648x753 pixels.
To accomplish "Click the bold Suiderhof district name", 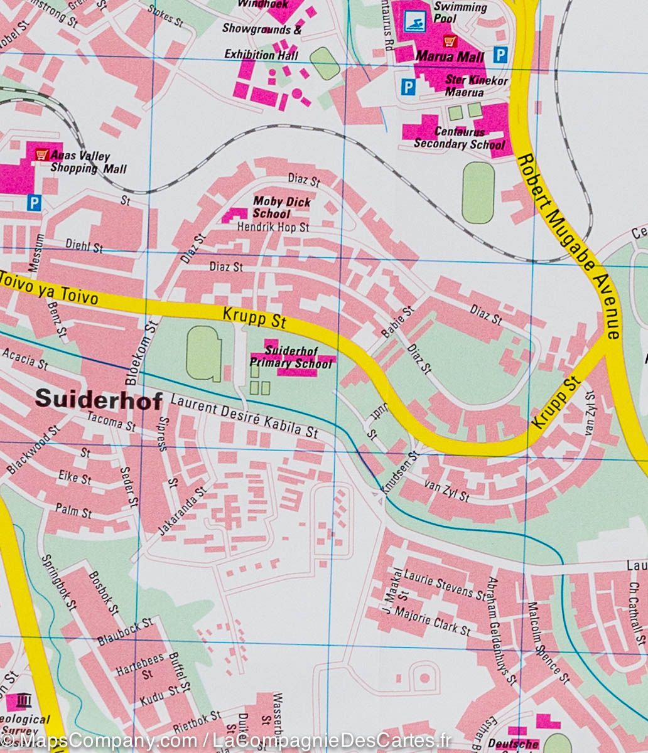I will pyautogui.click(x=99, y=400).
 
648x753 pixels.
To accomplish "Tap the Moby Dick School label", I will pyautogui.click(x=281, y=207).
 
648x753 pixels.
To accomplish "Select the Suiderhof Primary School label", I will pyautogui.click(x=291, y=357).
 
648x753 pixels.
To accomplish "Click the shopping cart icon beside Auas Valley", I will pyautogui.click(x=42, y=153).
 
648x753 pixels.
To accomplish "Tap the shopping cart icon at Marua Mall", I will pyautogui.click(x=450, y=41).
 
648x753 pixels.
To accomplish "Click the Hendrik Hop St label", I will pyautogui.click(x=273, y=227).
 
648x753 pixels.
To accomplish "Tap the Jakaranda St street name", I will pyautogui.click(x=181, y=511).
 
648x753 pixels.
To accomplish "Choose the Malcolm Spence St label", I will pyautogui.click(x=546, y=643).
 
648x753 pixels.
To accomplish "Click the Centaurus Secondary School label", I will pyautogui.click(x=459, y=139).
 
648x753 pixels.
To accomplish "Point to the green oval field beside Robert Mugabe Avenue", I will pyautogui.click(x=478, y=192).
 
